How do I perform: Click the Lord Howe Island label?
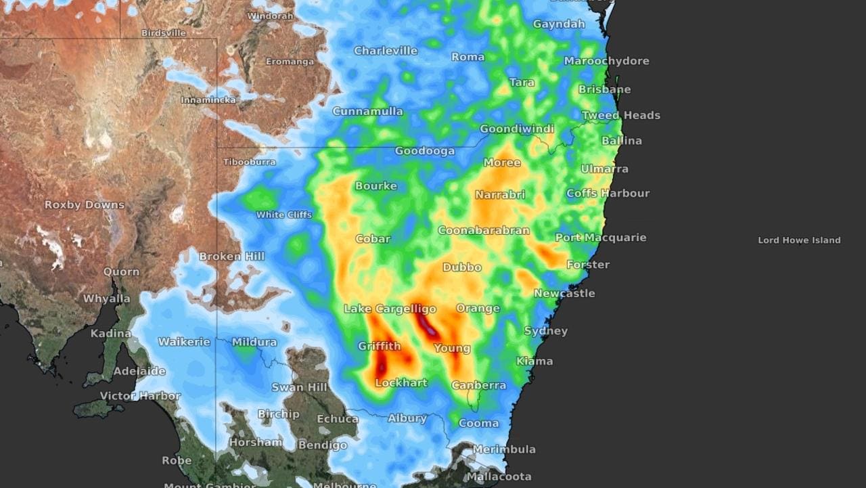pyautogui.click(x=799, y=240)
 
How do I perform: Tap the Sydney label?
pyautogui.click(x=546, y=331)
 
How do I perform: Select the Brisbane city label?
pyautogui.click(x=604, y=89)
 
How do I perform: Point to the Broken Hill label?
pyautogui.click(x=231, y=257)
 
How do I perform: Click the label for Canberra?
pyautogui.click(x=478, y=385)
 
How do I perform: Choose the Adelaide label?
pyautogui.click(x=139, y=371)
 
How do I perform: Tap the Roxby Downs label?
pyautogui.click(x=85, y=204)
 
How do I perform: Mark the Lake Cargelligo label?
pyautogui.click(x=390, y=309)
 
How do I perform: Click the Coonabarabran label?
pyautogui.click(x=483, y=231)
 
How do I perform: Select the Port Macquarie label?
pyautogui.click(x=600, y=238)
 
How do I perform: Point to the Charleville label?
pyautogui.click(x=386, y=51)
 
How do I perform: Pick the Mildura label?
pyautogui.click(x=254, y=342)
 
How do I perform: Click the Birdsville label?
pyautogui.click(x=163, y=32)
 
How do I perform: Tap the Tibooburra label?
pyautogui.click(x=250, y=162)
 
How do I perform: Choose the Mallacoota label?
pyautogui.click(x=499, y=476)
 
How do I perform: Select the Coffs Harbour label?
pyautogui.click(x=608, y=194)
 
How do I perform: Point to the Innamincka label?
pyautogui.click(x=208, y=100)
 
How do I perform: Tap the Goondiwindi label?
pyautogui.click(x=517, y=129)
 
